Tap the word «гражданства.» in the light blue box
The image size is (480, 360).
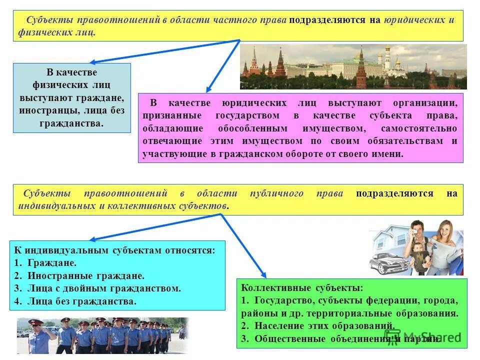[71, 123]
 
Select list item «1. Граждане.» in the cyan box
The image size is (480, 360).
[45, 262]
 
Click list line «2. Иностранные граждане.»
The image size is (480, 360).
[79, 275]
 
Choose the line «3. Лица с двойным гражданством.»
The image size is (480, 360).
[97, 288]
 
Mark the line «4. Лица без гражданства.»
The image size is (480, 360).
[75, 301]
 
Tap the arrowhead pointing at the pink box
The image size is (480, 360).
[208, 90]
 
